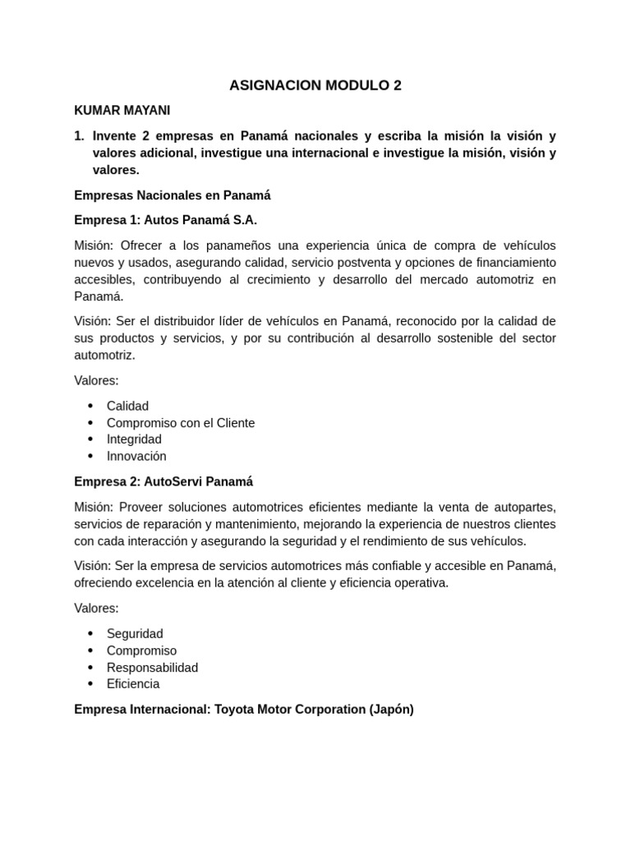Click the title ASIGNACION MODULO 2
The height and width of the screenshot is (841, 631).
pyautogui.click(x=315, y=85)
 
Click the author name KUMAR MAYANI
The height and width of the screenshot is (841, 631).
pyautogui.click(x=122, y=110)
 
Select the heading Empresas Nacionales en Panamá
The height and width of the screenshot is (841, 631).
pyautogui.click(x=172, y=195)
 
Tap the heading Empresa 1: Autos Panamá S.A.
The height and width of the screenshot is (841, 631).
pyautogui.click(x=165, y=220)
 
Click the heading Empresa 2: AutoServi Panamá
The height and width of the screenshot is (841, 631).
pyautogui.click(x=164, y=481)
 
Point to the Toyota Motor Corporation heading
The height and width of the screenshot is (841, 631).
pyautogui.click(x=244, y=709)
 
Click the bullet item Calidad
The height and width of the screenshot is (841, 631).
pyautogui.click(x=127, y=406)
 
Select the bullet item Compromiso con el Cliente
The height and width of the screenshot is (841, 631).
pyautogui.click(x=181, y=423)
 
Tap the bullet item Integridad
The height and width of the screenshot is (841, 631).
pyautogui.click(x=134, y=439)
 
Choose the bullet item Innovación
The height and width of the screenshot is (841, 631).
pyautogui.click(x=136, y=456)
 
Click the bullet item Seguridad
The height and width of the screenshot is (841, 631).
pyautogui.click(x=135, y=633)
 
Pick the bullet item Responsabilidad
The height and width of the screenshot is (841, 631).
pyautogui.click(x=152, y=667)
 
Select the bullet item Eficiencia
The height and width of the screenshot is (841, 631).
pyautogui.click(x=133, y=683)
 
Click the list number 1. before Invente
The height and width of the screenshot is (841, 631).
pyautogui.click(x=80, y=136)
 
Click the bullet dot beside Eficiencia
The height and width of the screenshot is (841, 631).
pyautogui.click(x=90, y=683)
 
